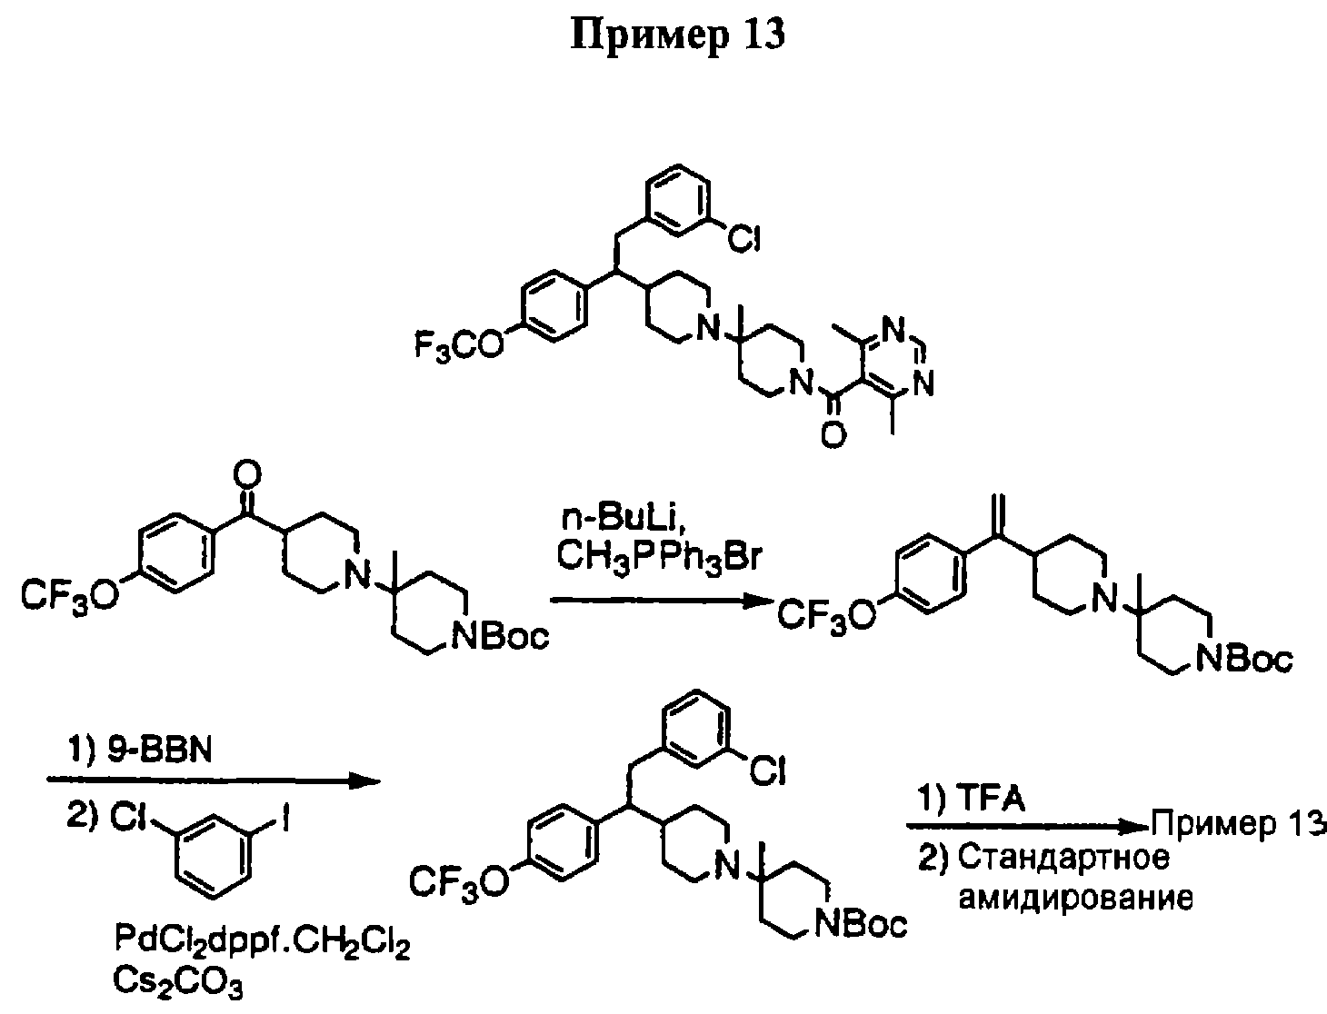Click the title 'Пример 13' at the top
click(678, 35)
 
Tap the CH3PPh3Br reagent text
click(658, 559)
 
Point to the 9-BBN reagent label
click(160, 751)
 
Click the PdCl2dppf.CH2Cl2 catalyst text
click(263, 943)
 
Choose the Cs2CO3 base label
click(178, 984)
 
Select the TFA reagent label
click(993, 799)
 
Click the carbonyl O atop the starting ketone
click(246, 475)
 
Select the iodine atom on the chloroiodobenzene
click(284, 820)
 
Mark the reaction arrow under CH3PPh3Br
click(662, 600)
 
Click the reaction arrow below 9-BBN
click(214, 781)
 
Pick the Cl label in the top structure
click(743, 239)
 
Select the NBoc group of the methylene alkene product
click(1244, 660)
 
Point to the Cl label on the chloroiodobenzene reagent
click(128, 820)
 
